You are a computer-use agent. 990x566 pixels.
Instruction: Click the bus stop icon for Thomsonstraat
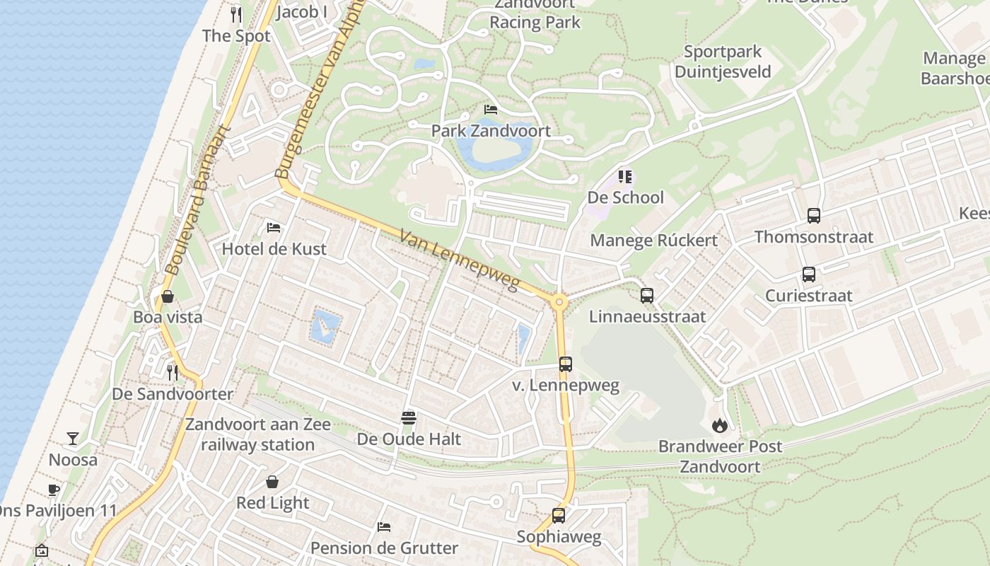813,216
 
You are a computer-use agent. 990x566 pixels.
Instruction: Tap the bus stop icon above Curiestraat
808,275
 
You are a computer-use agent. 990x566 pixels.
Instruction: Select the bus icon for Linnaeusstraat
647,296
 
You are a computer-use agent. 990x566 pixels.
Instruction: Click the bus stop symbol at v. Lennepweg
565,364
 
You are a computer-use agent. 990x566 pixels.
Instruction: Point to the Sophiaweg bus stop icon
559,516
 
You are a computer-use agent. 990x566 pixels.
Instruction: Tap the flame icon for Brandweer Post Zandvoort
720,425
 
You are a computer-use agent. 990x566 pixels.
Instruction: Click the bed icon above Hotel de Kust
274,228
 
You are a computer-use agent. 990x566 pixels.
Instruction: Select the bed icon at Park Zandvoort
490,110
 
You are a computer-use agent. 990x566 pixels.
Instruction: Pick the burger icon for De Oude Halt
408,417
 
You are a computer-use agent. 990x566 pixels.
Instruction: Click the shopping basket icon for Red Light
272,482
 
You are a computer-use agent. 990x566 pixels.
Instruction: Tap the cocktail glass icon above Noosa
73,439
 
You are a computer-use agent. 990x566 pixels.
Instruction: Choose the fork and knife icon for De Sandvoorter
173,372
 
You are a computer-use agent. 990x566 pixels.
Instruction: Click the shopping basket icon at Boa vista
168,296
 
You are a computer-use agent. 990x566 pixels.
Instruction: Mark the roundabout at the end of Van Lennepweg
559,303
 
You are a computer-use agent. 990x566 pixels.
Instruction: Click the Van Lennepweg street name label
459,260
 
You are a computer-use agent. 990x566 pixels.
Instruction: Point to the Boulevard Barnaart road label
199,200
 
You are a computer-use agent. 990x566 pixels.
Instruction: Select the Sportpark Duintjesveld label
723,62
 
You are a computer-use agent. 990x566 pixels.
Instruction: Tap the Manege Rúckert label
653,241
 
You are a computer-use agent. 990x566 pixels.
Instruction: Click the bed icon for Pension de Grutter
384,527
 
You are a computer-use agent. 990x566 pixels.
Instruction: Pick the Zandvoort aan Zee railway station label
257,434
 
